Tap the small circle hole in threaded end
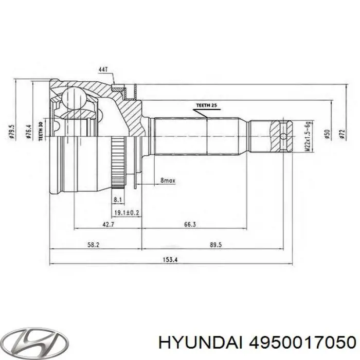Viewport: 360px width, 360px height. [285, 136]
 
